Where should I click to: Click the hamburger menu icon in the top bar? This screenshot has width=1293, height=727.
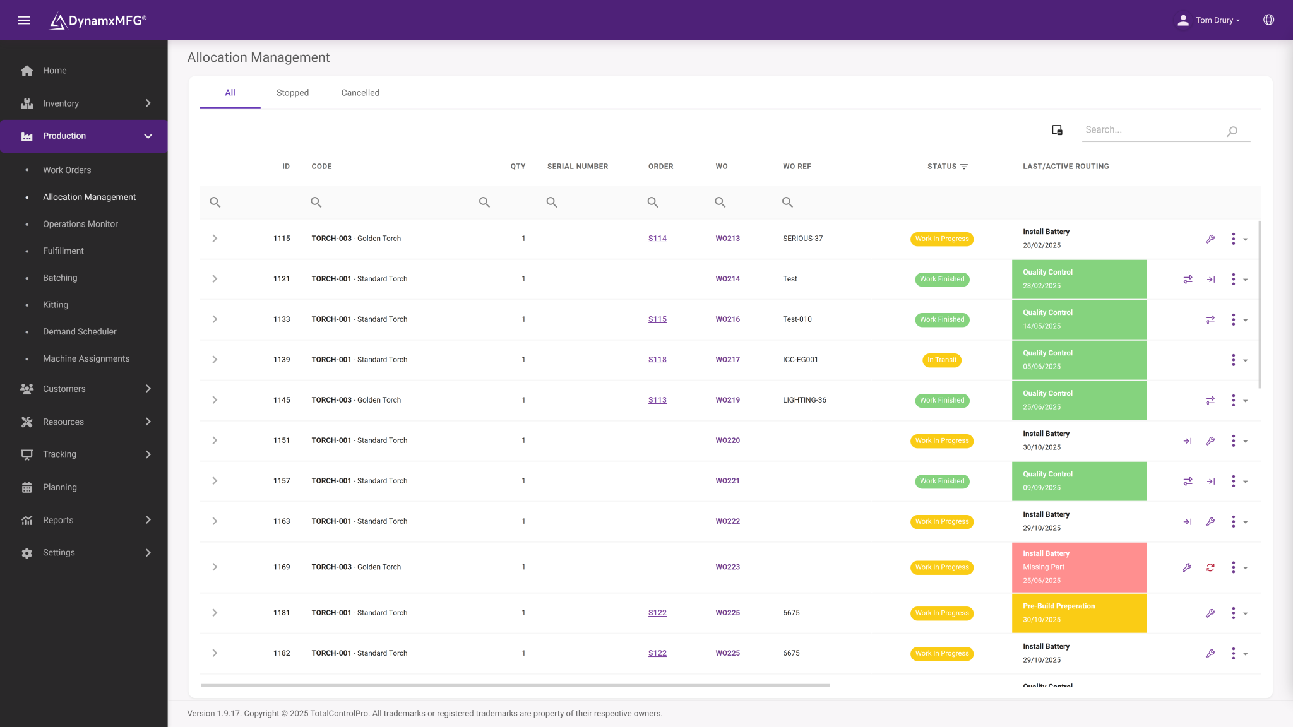click(x=24, y=20)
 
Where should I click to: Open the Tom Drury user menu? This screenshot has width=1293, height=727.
click(x=1208, y=20)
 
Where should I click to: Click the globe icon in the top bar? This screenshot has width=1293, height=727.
click(x=1268, y=20)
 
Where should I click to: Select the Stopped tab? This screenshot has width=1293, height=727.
click(x=292, y=93)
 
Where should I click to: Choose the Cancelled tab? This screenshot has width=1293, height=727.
click(x=360, y=93)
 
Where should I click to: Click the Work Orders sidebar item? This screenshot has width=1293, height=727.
click(x=67, y=170)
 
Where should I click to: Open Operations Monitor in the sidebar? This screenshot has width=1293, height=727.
click(x=80, y=224)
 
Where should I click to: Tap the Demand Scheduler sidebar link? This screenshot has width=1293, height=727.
click(x=80, y=332)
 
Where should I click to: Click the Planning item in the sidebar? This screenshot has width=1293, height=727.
click(x=60, y=487)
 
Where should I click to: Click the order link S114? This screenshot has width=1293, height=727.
click(x=657, y=239)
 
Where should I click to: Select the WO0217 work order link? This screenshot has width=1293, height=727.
click(x=727, y=360)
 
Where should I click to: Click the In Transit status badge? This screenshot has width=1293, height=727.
click(x=942, y=360)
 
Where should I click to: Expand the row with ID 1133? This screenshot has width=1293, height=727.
click(x=215, y=319)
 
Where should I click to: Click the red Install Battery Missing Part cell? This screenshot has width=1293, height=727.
click(x=1079, y=567)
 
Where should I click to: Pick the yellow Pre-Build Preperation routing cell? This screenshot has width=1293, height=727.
click(x=1079, y=613)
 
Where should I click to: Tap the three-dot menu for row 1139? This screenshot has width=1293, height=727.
click(x=1233, y=360)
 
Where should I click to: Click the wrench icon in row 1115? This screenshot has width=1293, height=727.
click(x=1210, y=239)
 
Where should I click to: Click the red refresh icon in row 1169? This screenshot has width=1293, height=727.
click(x=1210, y=567)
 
